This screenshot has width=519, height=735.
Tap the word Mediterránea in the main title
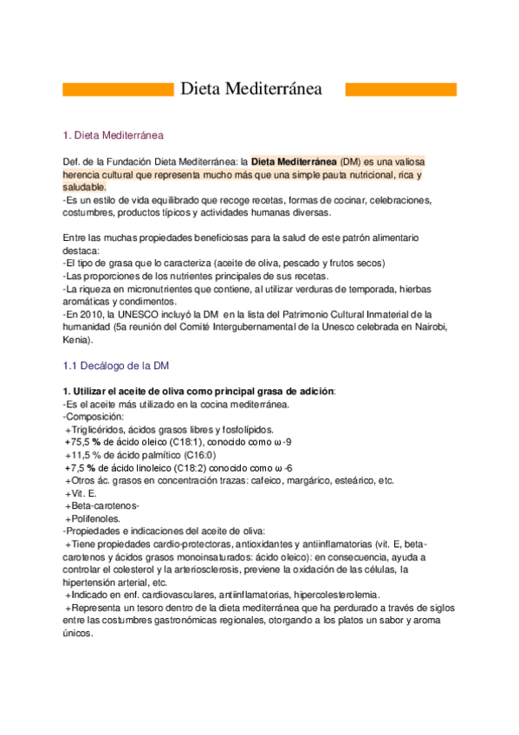coord(275,89)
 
